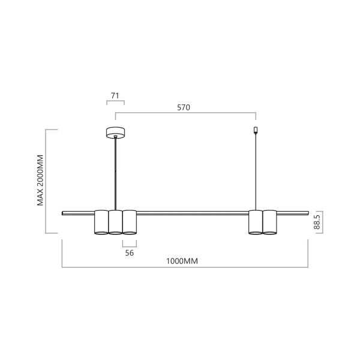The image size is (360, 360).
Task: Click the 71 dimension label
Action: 115,95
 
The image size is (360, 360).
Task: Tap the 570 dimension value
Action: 184,108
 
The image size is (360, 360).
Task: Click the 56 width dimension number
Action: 129,253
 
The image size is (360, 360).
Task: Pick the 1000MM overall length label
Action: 182,261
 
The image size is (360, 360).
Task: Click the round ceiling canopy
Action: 115,132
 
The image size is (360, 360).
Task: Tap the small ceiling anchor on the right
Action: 256,130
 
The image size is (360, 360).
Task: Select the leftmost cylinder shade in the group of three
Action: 101,222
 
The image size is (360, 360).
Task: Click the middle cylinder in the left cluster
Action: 115,222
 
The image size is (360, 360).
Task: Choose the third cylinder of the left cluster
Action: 130,222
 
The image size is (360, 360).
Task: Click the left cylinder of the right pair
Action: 256,222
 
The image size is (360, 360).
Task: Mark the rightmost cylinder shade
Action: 270,222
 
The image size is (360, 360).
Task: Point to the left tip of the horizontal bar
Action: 64,212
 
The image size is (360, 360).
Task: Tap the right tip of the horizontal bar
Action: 307,212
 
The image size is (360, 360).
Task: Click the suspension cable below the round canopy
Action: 115,174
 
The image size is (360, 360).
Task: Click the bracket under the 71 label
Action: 115,103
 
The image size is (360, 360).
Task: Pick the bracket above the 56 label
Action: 130,244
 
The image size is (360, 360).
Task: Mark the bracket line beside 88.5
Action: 322,223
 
